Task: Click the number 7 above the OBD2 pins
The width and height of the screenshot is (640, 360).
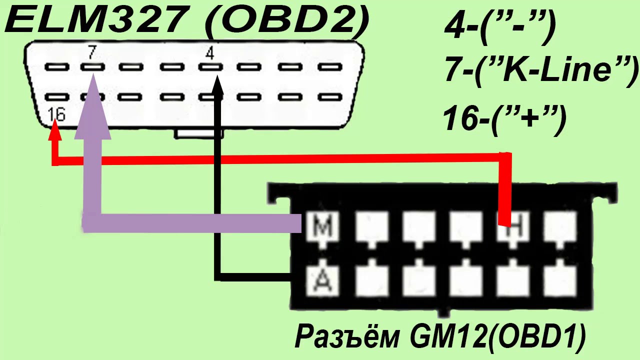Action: point(91,52)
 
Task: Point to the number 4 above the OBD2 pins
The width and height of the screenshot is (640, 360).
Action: point(210,53)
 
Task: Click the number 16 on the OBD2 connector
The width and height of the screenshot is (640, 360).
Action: point(56,114)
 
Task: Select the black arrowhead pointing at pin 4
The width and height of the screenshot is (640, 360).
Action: point(218,85)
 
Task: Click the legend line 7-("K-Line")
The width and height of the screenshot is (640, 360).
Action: point(540,70)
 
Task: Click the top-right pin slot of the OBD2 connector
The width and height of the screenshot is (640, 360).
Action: point(330,67)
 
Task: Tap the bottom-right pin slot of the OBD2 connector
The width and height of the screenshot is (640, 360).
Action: point(330,97)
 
